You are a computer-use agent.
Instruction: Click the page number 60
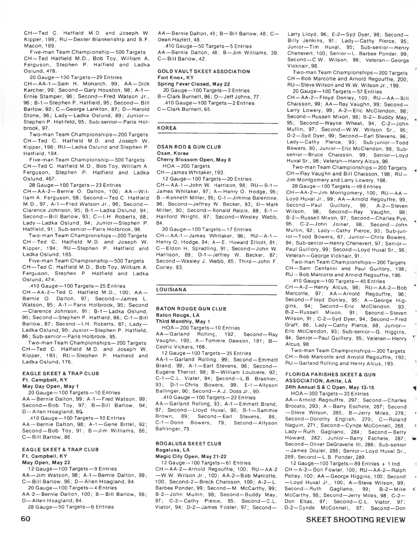[26, 519]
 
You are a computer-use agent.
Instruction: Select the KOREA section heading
[167, 128]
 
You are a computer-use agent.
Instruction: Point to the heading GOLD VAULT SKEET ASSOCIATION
[204, 71]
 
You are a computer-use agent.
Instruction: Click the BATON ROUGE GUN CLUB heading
[191, 309]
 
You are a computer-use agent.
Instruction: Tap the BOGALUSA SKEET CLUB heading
[188, 444]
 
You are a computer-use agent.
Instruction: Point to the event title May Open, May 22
[46, 462]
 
